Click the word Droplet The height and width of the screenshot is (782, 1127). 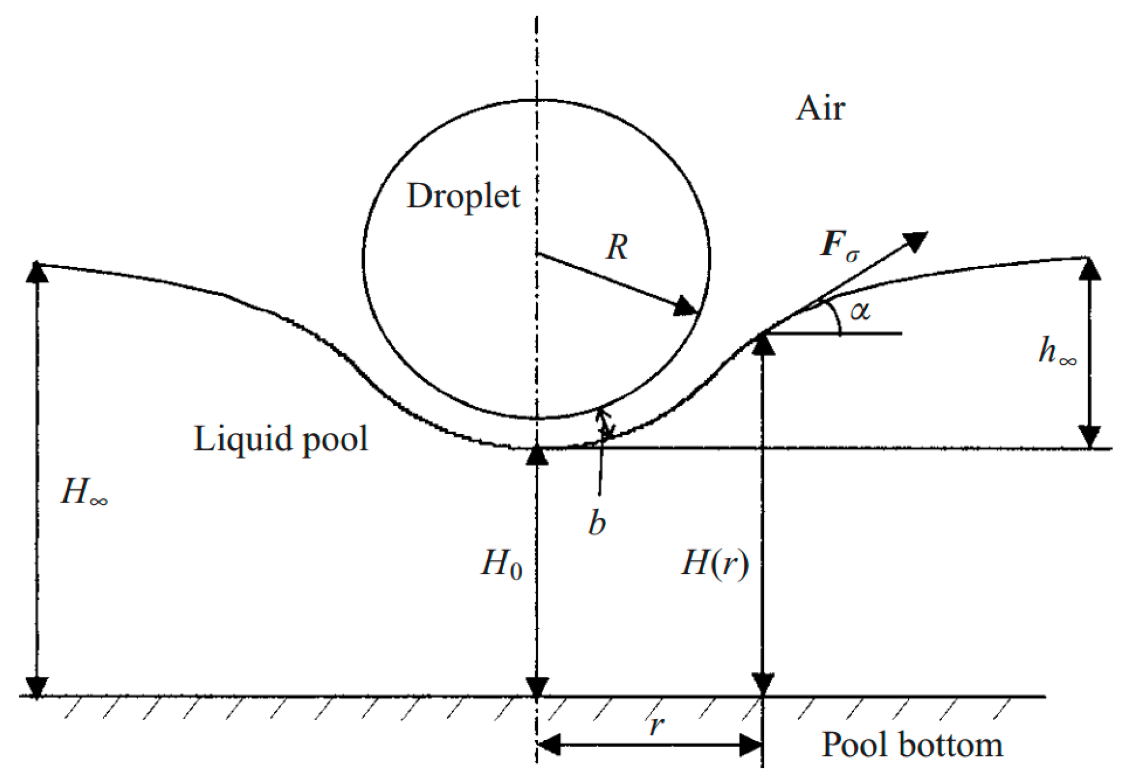(x=463, y=196)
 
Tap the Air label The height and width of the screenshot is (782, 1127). (x=820, y=108)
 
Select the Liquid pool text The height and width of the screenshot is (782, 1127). (x=280, y=438)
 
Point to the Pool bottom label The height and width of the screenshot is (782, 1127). (x=911, y=745)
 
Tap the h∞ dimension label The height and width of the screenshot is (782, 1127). (x=1057, y=351)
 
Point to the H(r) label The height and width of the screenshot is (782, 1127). (x=714, y=563)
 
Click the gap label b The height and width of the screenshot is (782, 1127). (x=597, y=522)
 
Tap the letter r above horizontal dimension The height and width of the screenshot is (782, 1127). (x=656, y=725)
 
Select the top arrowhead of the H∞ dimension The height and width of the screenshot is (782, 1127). (x=37, y=272)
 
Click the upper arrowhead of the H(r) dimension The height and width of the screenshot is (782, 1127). (x=762, y=344)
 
